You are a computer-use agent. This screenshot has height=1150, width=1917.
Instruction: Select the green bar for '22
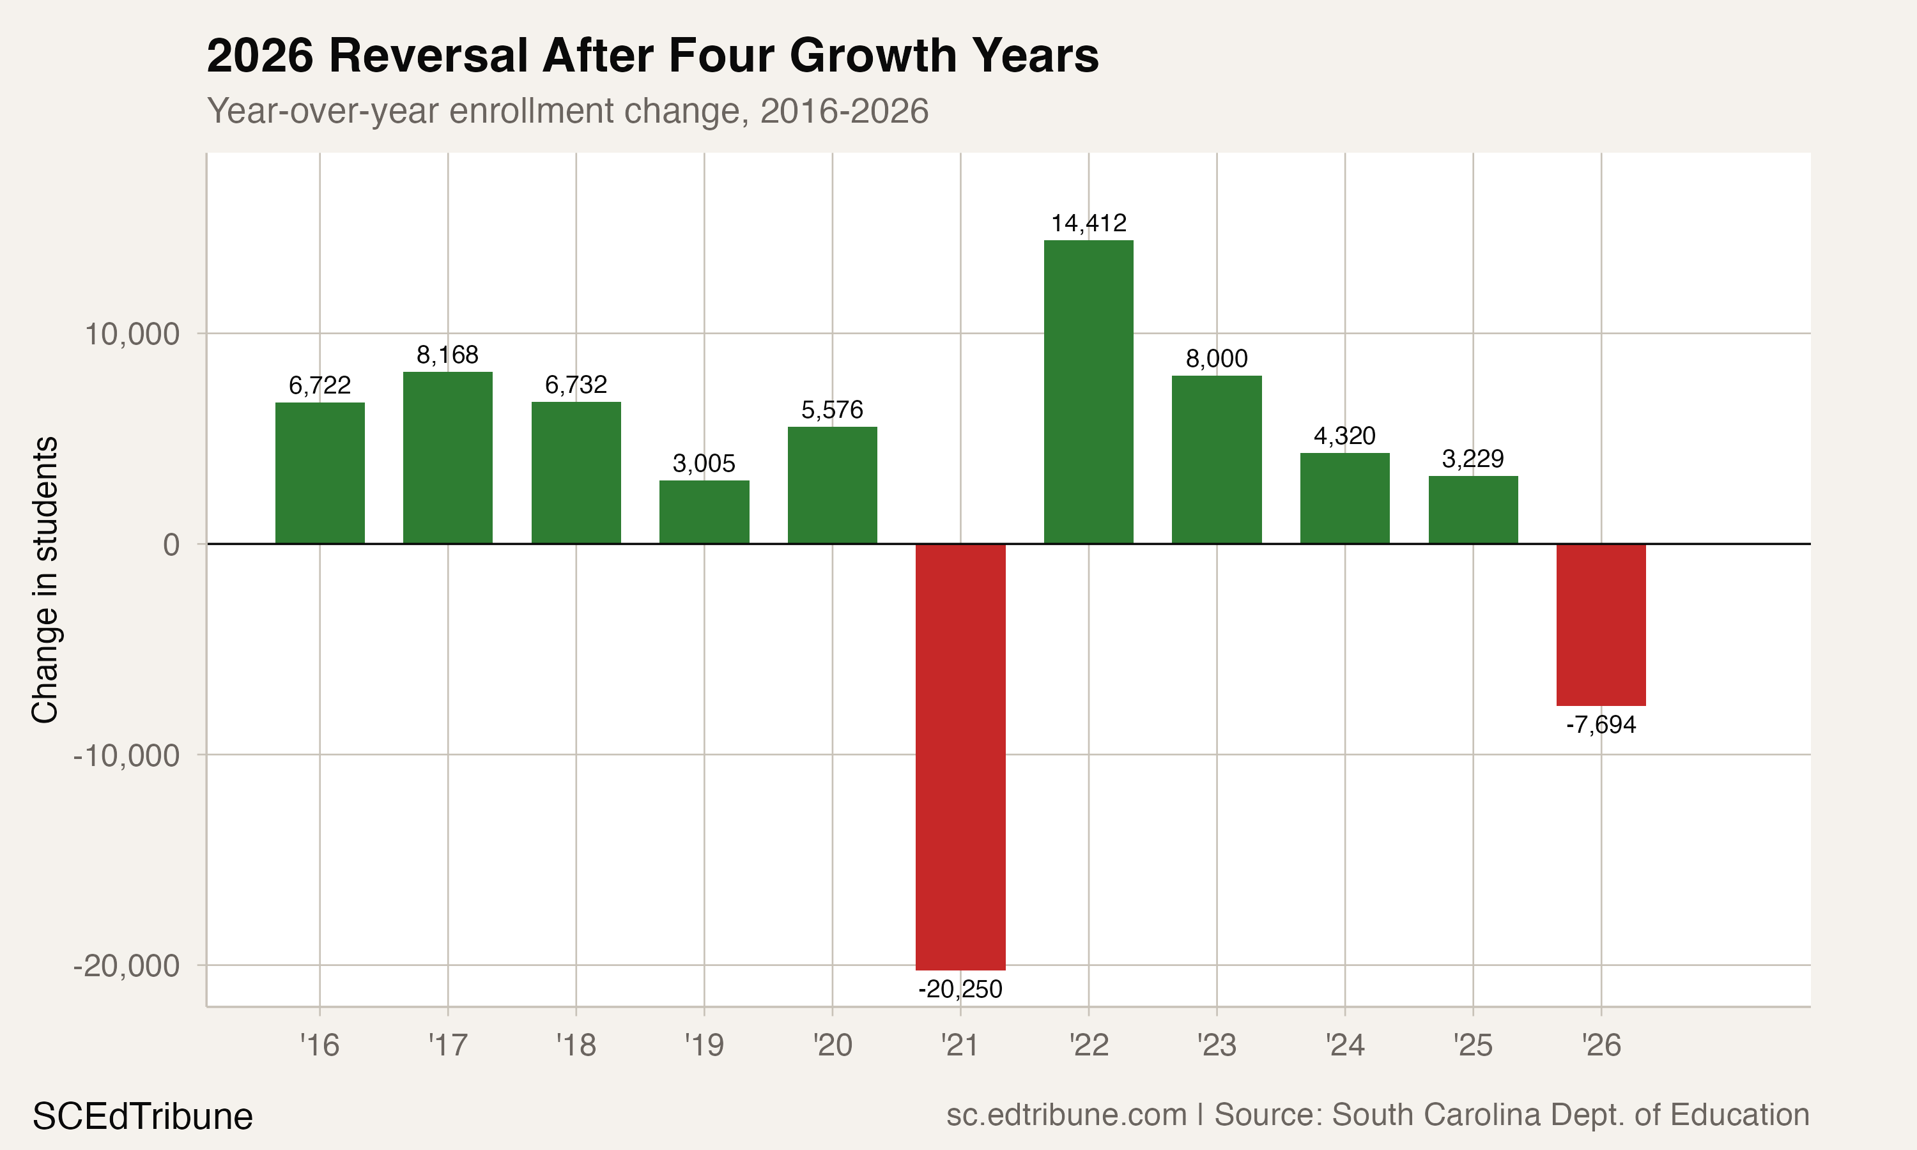pos(1088,392)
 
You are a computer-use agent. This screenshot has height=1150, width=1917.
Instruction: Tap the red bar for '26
pos(1601,625)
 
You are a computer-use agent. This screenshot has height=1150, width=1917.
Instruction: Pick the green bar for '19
pos(704,512)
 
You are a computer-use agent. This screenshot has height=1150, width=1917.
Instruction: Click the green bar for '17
pos(447,458)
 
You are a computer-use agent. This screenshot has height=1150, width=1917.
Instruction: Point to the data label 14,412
pos(1088,223)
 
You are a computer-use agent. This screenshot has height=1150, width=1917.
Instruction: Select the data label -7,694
pos(1601,725)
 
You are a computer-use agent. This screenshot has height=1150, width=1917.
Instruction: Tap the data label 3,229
pos(1472,459)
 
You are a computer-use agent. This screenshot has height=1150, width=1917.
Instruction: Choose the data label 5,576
pos(831,410)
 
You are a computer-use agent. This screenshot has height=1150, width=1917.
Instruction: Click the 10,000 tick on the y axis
pos(132,335)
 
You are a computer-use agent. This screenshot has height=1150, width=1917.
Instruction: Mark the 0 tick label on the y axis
pos(171,545)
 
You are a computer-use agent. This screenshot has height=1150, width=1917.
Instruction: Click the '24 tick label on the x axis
pos(1344,1045)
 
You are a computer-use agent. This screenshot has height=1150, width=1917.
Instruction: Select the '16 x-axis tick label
pos(319,1045)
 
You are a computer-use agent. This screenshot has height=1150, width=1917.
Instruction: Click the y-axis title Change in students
pos(45,579)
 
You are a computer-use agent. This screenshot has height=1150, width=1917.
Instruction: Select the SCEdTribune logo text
pos(142,1117)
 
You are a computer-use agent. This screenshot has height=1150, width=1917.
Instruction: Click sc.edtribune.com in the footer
pos(1066,1114)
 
